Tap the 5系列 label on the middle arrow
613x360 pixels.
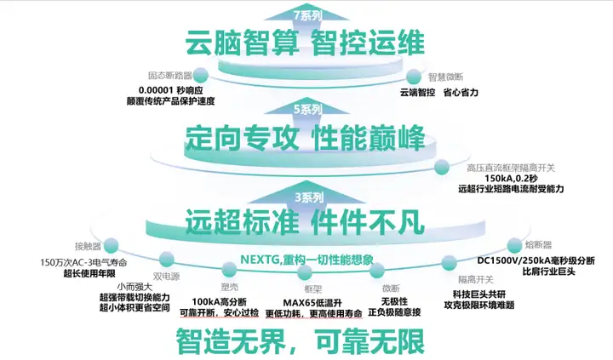point(304,108)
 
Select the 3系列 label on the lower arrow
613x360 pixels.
point(304,197)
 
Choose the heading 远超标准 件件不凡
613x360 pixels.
point(306,223)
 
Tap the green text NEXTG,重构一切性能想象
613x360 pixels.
point(306,259)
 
